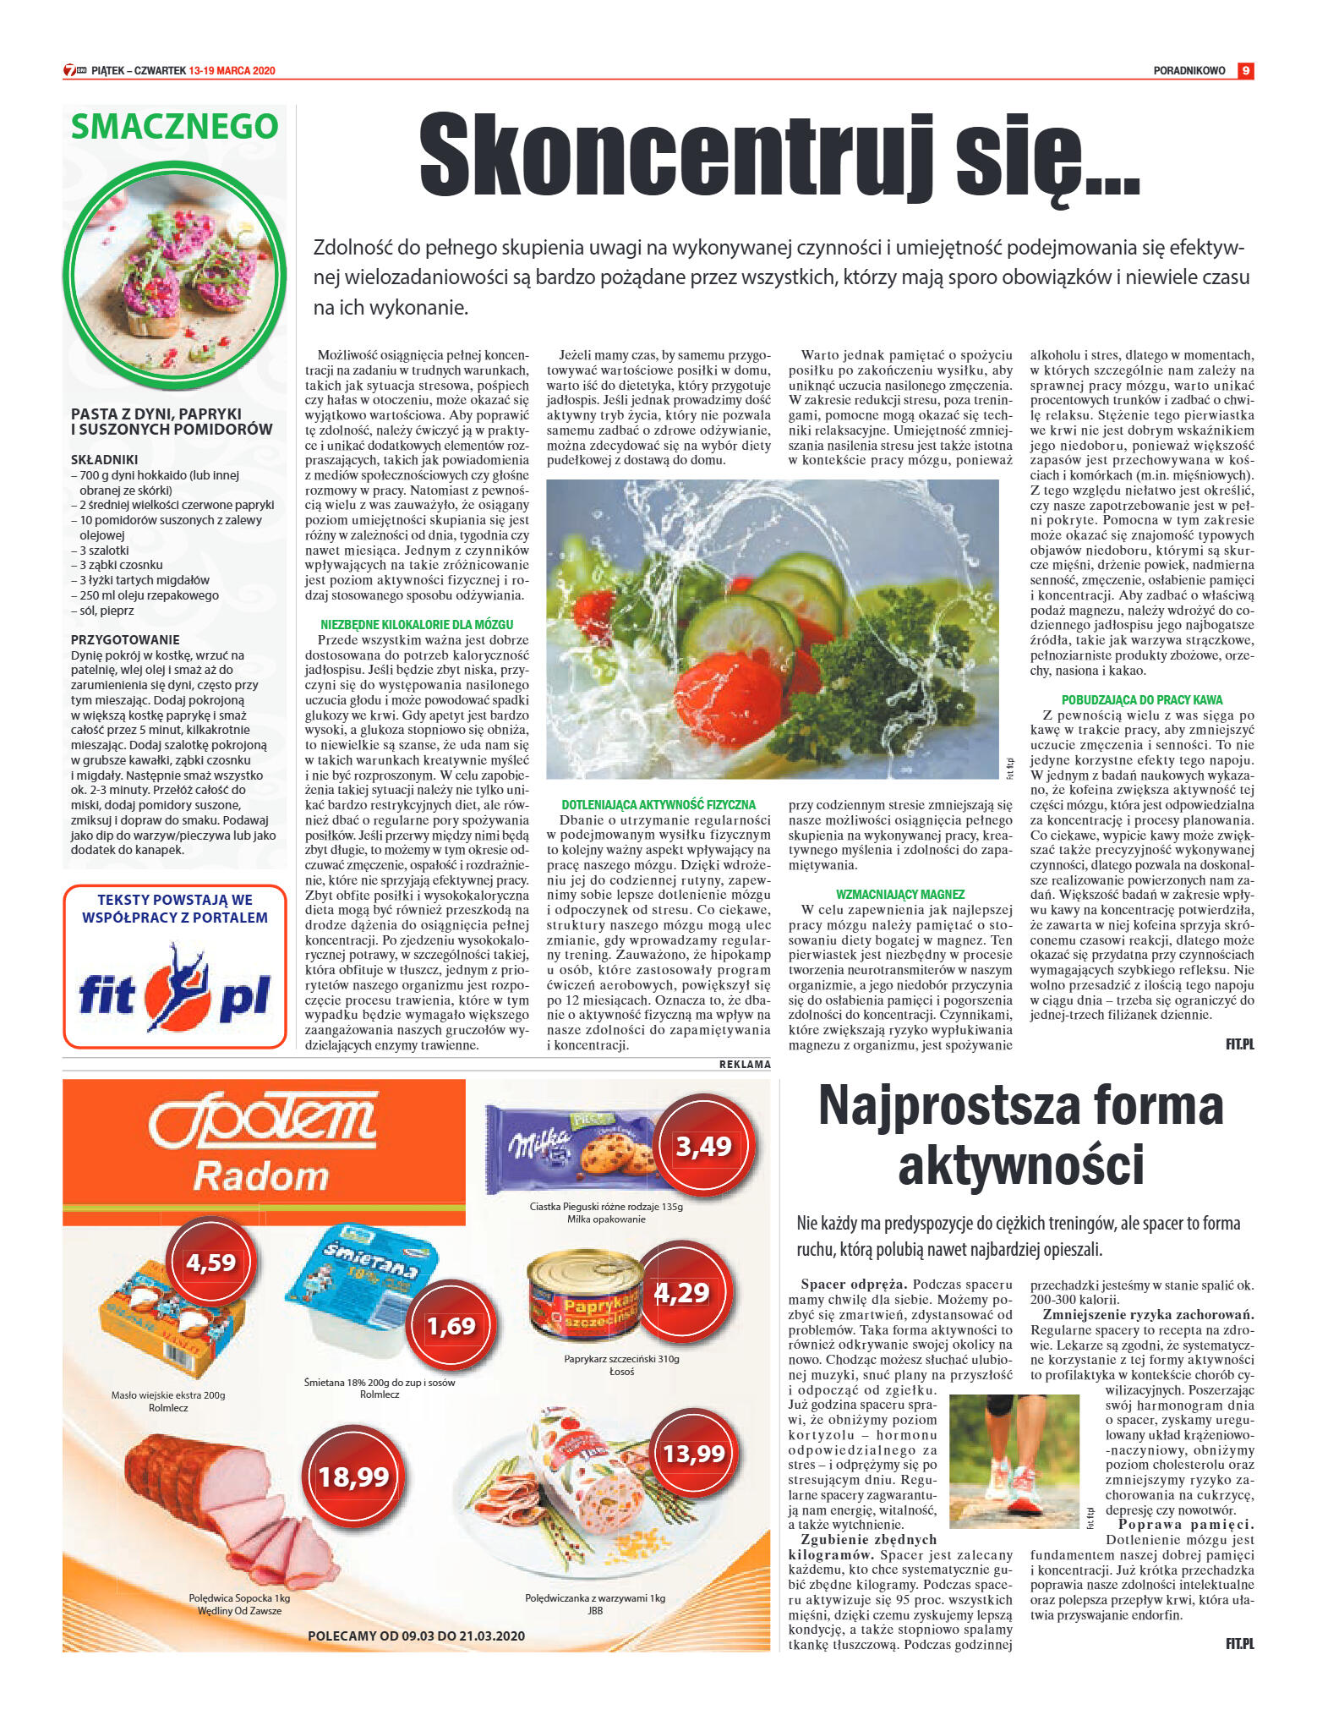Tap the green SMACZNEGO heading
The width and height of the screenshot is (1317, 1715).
click(x=174, y=127)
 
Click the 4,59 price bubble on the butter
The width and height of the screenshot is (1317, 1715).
click(x=211, y=1263)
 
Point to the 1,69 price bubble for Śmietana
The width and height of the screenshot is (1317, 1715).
click(x=451, y=1325)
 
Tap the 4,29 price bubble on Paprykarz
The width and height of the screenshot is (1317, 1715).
click(x=682, y=1292)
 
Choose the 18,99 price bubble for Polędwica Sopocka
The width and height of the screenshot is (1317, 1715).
click(x=353, y=1477)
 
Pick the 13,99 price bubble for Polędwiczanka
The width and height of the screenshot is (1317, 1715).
click(x=694, y=1454)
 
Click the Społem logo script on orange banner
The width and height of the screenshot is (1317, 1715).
click(x=262, y=1121)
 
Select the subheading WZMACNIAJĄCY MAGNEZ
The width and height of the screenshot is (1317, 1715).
click(x=899, y=894)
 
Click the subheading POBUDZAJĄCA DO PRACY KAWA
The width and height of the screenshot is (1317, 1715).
click(x=1141, y=699)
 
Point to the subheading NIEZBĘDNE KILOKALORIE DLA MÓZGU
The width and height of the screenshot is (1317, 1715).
click(x=417, y=624)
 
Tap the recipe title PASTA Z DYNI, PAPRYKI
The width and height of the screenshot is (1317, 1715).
click(x=156, y=414)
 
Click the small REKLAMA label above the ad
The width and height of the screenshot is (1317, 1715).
click(x=745, y=1064)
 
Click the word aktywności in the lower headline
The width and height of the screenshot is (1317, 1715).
click(x=1020, y=1164)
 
